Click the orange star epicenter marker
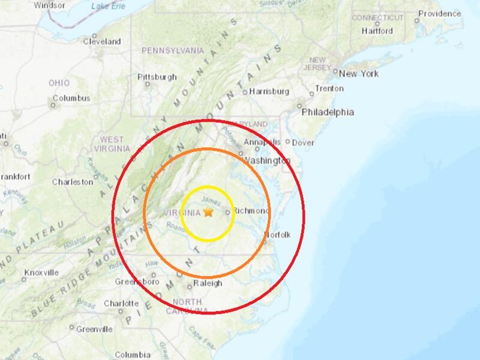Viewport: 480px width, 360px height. click(208, 212)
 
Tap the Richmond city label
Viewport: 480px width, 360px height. click(251, 211)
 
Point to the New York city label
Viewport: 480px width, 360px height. click(359, 74)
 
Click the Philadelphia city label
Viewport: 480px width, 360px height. click(328, 112)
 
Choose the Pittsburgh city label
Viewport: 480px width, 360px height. click(157, 77)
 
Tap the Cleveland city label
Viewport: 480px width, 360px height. click(102, 42)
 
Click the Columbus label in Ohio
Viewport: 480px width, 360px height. click(71, 98)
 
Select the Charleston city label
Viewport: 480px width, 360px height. click(73, 182)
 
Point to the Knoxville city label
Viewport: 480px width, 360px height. click(41, 273)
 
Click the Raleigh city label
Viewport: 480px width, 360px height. click(208, 283)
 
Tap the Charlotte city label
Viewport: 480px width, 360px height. click(122, 304)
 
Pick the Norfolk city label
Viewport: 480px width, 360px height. click(277, 235)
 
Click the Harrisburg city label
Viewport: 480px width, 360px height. click(270, 92)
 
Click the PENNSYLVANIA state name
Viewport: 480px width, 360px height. click(173, 50)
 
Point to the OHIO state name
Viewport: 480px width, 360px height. click(59, 83)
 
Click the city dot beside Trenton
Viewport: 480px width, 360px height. click(311, 94)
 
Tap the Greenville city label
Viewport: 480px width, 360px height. click(95, 329)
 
